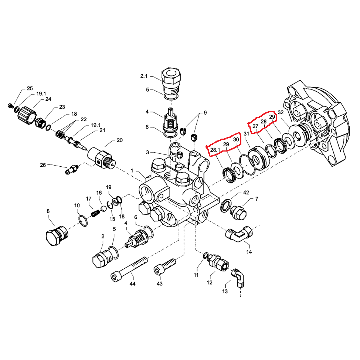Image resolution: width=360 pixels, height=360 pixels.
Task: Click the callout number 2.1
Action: pos(144,76)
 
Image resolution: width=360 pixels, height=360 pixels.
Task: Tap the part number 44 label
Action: pos(132,284)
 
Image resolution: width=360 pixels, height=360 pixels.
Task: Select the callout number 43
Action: pos(160,283)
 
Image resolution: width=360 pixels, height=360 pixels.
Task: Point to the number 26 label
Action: pos(43,165)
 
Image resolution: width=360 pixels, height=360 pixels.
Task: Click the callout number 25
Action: pos(30,88)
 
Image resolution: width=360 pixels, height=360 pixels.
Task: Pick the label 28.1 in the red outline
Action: pos(215,150)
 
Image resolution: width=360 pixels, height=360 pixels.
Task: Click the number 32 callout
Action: pos(281,112)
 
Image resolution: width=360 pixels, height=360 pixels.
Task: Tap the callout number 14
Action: pos(249,252)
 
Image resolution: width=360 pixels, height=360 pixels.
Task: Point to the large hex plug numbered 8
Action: pos(57,236)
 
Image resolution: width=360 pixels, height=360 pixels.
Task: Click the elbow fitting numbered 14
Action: pos(239,234)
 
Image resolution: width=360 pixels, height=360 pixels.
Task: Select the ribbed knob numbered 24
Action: pos(27,115)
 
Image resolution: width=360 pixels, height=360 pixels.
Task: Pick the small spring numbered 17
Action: pos(95,213)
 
